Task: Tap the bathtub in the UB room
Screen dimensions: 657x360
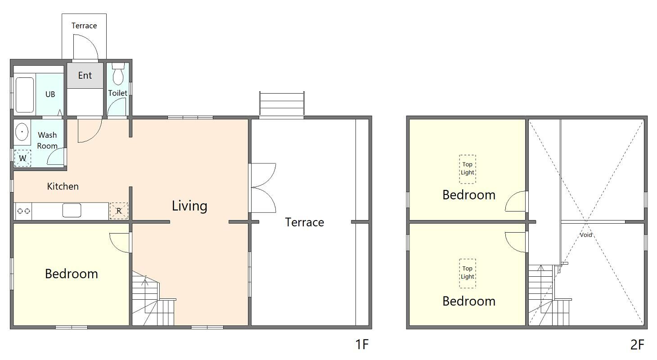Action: pos(25,95)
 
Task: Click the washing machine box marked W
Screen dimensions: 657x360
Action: pos(22,158)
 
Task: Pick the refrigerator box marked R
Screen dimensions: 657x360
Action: pos(119,211)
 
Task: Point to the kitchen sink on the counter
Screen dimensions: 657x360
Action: pos(72,211)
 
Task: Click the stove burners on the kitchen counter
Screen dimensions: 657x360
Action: pos(23,211)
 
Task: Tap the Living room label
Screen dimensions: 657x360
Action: pos(189,206)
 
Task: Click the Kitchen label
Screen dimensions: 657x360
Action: pos(63,186)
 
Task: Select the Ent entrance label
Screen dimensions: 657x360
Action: pos(85,76)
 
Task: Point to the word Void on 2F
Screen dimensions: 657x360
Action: pos(586,235)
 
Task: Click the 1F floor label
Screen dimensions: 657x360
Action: pos(362,344)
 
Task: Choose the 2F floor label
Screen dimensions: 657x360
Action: pos(637,345)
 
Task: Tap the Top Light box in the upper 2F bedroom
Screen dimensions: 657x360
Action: pos(468,169)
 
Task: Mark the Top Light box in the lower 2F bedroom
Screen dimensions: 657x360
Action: pos(468,273)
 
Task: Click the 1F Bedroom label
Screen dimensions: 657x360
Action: pos(71,274)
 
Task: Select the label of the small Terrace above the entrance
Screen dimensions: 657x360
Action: pos(84,26)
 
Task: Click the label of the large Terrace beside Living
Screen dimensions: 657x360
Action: pos(305,222)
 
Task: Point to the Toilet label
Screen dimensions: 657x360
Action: pos(117,93)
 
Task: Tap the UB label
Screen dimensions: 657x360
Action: pos(50,94)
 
